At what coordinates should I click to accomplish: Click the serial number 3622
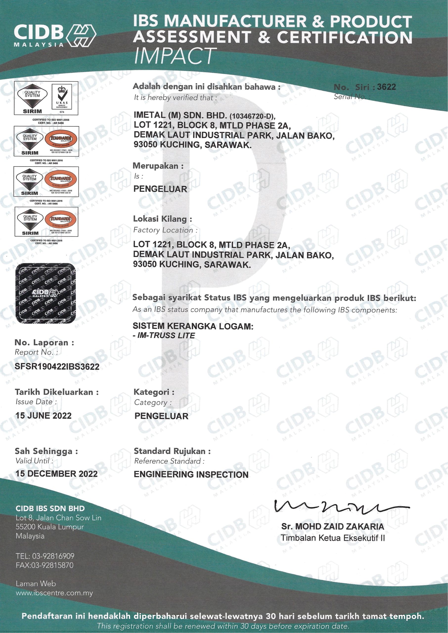click(386, 87)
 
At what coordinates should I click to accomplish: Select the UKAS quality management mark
click(62, 98)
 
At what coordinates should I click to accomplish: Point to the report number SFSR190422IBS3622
click(57, 366)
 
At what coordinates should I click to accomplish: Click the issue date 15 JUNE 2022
click(44, 415)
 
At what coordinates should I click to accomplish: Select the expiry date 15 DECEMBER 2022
click(57, 474)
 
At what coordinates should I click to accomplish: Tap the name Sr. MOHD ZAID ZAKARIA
click(332, 526)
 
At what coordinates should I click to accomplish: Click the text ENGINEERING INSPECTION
click(191, 475)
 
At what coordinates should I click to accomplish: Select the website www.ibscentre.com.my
click(54, 593)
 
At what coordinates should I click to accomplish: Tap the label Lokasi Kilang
click(162, 219)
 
